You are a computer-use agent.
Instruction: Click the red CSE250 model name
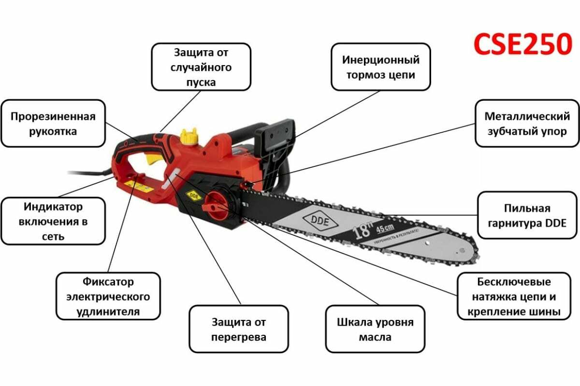pyautogui.click(x=522, y=44)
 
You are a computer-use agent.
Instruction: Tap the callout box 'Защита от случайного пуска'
pyautogui.click(x=201, y=67)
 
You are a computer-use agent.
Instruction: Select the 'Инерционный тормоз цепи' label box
pyautogui.click(x=381, y=67)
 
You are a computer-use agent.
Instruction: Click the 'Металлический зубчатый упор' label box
pyautogui.click(x=527, y=124)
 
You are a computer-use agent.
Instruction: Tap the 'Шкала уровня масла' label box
pyautogui.click(x=375, y=329)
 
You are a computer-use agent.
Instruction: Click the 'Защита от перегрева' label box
pyautogui.click(x=239, y=329)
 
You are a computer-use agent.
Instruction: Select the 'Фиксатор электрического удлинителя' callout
pyautogui.click(x=108, y=296)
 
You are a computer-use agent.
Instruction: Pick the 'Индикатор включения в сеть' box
pyautogui.click(x=53, y=221)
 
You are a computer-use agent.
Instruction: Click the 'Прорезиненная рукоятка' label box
pyautogui.click(x=53, y=124)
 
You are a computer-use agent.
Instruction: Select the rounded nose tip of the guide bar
pyautogui.click(x=471, y=251)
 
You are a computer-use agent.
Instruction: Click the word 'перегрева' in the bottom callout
pyautogui.click(x=239, y=337)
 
